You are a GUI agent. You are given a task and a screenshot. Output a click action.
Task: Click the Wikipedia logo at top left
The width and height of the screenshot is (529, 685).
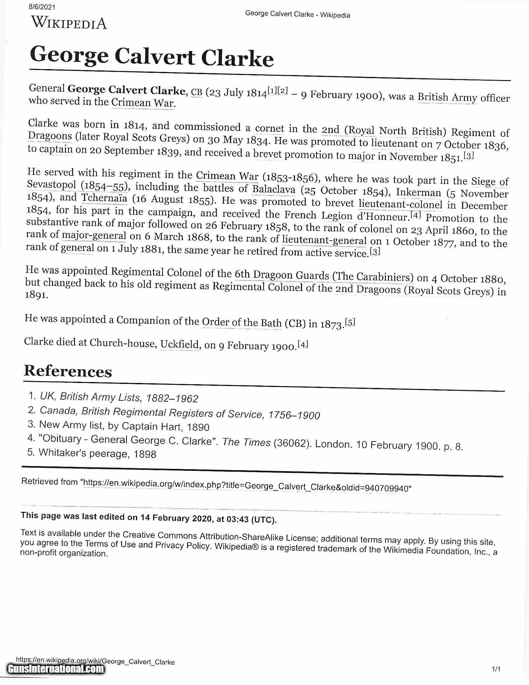(x=69, y=23)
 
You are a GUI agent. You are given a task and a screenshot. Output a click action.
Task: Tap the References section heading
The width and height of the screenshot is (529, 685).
(x=68, y=371)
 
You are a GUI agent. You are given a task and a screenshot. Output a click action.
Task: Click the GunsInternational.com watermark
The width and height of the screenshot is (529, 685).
(x=56, y=669)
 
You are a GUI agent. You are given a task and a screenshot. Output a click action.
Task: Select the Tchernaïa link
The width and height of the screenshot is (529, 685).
(x=104, y=198)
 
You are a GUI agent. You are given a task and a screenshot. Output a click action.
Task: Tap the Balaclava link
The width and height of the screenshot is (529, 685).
(x=274, y=189)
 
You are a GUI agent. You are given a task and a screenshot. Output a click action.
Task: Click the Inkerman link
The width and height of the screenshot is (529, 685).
(x=418, y=192)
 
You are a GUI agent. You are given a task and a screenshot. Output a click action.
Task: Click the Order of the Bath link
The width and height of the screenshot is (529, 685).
(x=241, y=322)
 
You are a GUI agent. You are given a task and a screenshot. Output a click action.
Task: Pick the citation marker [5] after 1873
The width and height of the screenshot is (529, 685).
(x=350, y=322)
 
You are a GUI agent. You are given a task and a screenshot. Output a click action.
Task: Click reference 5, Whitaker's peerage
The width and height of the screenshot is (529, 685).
(x=97, y=454)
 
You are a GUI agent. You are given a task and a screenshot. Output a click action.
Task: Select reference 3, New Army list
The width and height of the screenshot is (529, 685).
(x=124, y=426)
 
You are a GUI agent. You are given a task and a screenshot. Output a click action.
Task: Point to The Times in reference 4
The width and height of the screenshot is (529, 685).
(x=246, y=442)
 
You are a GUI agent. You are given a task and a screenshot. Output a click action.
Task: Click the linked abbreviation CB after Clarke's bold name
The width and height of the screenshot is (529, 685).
(x=196, y=92)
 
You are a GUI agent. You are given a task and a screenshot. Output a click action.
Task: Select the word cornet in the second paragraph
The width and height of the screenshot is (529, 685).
(x=269, y=128)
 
